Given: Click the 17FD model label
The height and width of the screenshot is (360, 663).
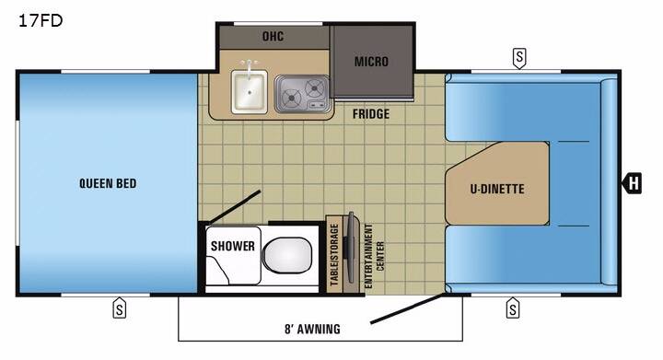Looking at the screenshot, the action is click(41, 20).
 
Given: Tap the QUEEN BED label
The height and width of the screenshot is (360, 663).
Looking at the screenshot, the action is click(108, 183).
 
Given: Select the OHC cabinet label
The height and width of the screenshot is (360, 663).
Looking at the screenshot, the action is click(273, 36).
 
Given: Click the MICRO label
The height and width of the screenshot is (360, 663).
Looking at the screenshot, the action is click(371, 62).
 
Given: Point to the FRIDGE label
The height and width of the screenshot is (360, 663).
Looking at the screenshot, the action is click(371, 113).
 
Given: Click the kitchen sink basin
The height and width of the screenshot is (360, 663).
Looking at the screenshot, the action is click(250, 92).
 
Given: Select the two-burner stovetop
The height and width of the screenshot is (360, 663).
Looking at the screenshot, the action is click(301, 94).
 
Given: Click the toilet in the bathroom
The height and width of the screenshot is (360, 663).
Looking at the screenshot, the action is click(287, 255).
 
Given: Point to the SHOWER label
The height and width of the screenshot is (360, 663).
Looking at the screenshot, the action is click(233, 246).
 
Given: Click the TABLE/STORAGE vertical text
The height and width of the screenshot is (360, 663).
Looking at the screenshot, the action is click(334, 254).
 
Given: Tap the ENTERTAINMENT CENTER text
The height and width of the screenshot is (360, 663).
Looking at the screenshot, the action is click(374, 256).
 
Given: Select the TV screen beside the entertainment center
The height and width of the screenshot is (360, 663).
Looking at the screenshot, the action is click(350, 248).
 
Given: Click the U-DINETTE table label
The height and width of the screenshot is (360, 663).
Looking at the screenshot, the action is click(497, 189).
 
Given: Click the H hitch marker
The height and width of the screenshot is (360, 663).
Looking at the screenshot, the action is click(632, 183).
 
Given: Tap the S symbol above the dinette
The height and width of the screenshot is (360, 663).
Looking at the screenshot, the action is click(519, 58).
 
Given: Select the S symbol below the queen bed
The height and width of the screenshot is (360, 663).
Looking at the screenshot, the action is click(119, 308).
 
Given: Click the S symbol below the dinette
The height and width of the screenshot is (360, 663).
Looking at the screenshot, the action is click(513, 308).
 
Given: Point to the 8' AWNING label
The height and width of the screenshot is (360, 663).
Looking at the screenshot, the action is click(312, 329).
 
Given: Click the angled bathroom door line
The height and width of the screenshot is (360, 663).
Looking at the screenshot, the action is click(235, 206).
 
